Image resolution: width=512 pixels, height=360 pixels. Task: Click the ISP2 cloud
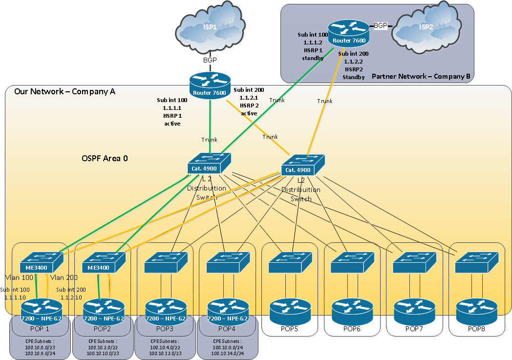(x=426, y=27)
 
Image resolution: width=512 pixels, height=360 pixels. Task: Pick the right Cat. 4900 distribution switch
(x=303, y=165)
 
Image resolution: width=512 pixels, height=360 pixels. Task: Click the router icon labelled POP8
(x=476, y=309)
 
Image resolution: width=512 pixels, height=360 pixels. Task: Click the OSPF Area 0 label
(x=105, y=159)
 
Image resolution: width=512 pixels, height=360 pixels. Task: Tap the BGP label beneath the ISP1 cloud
(x=210, y=60)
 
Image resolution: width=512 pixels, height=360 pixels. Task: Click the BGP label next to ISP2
(x=380, y=25)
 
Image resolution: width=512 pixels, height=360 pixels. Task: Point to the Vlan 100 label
(x=19, y=277)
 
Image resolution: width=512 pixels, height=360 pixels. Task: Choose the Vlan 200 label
(x=64, y=277)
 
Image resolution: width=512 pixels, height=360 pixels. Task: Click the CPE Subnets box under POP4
(x=228, y=346)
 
